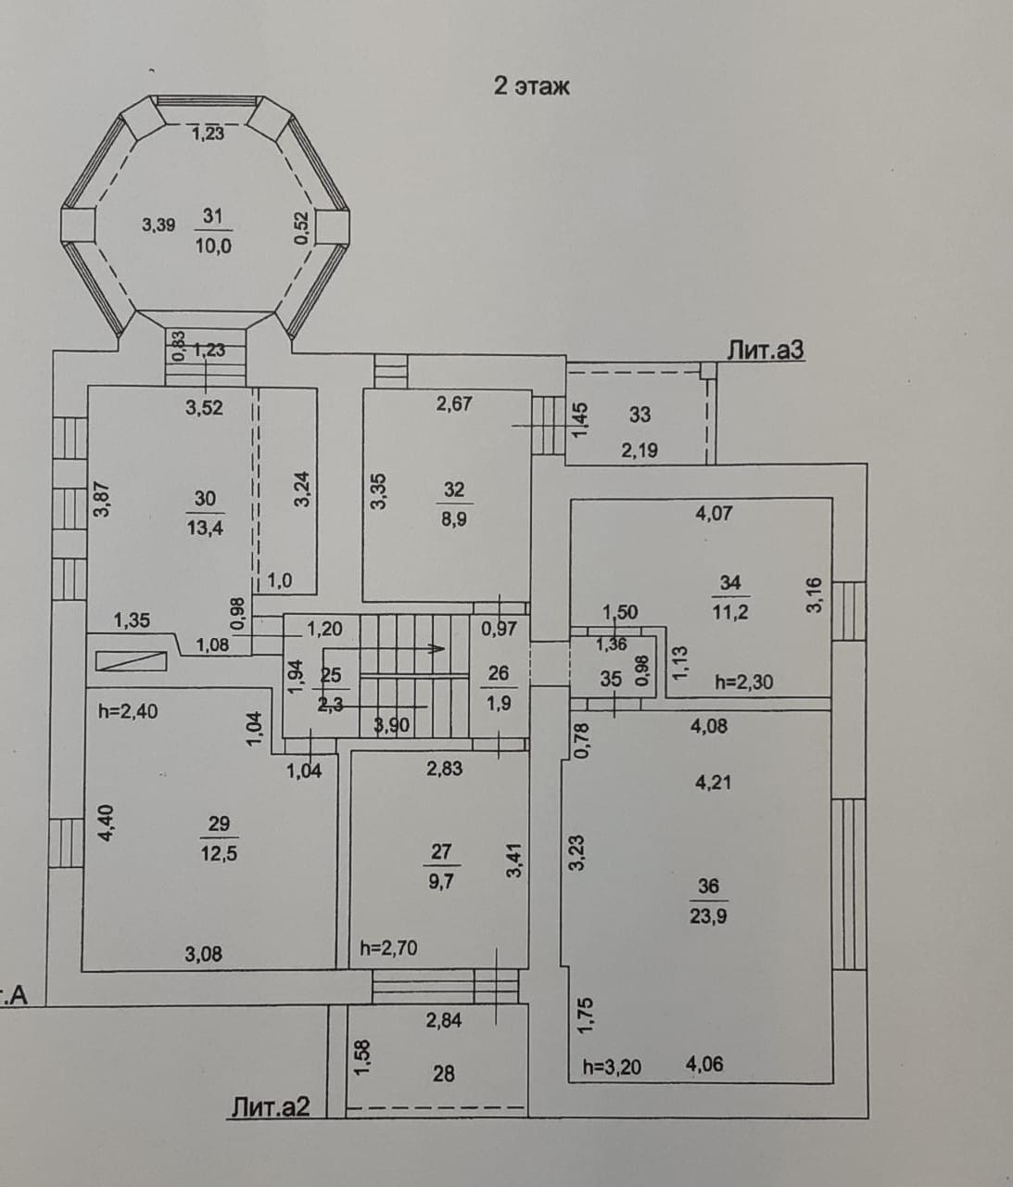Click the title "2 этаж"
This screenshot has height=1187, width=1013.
tap(531, 87)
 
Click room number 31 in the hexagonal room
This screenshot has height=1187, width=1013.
tap(212, 216)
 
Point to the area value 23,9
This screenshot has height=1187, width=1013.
tap(708, 916)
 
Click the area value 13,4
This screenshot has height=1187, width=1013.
tap(205, 528)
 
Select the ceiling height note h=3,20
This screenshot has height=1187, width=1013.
tap(612, 1067)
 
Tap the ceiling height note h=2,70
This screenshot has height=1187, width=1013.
tap(388, 948)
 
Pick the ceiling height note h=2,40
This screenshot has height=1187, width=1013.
tap(128, 711)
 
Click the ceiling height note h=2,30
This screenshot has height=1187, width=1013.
tap(744, 683)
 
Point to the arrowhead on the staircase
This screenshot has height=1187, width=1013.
tap(437, 649)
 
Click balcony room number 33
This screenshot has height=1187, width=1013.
tap(639, 414)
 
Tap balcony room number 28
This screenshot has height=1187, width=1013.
tap(444, 1073)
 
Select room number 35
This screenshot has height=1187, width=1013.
tap(611, 680)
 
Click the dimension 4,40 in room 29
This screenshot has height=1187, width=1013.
tap(107, 823)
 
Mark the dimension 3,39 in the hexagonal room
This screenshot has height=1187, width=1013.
tap(159, 224)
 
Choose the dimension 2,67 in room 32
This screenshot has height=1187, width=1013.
tap(454, 403)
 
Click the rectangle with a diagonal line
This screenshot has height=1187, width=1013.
tap(131, 661)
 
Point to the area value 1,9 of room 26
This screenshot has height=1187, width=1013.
tap(499, 704)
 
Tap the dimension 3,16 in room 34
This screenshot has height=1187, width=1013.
tap(815, 595)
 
